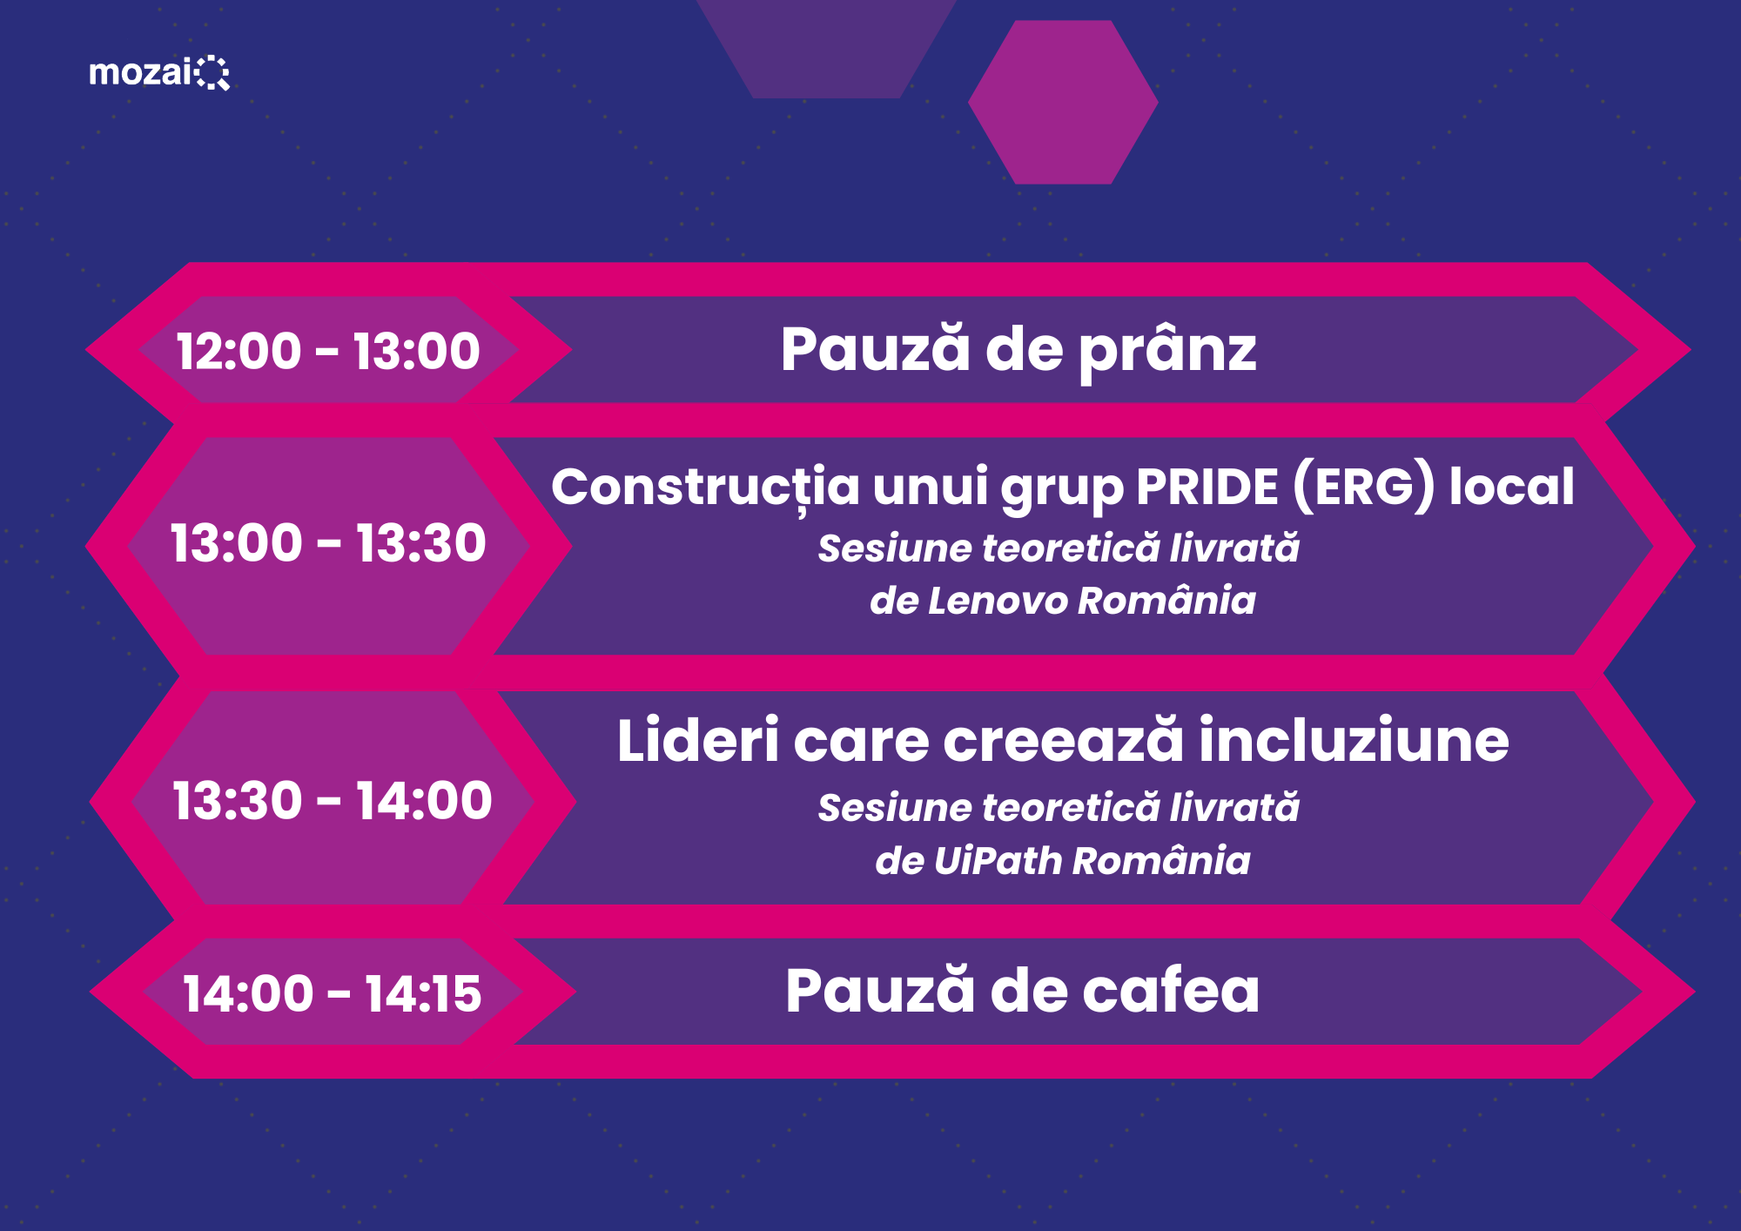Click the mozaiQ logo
click(x=159, y=72)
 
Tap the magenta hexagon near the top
click(x=1063, y=102)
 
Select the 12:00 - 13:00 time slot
click(x=328, y=351)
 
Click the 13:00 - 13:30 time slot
click(x=328, y=543)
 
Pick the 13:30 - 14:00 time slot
click(x=333, y=801)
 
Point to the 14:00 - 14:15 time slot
click(x=332, y=993)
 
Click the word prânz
click(x=1168, y=353)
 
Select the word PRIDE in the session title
click(x=1207, y=487)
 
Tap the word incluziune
click(x=1354, y=741)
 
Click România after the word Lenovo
click(x=1167, y=601)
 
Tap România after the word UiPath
click(x=1161, y=860)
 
